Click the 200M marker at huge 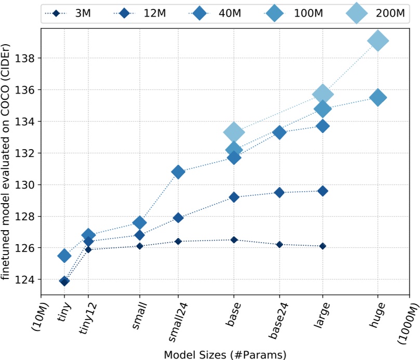(x=377, y=41)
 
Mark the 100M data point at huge (x=377, y=97)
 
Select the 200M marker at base (x=234, y=132)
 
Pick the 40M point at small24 (x=178, y=172)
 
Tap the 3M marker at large (x=323, y=246)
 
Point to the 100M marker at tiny (x=64, y=255)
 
